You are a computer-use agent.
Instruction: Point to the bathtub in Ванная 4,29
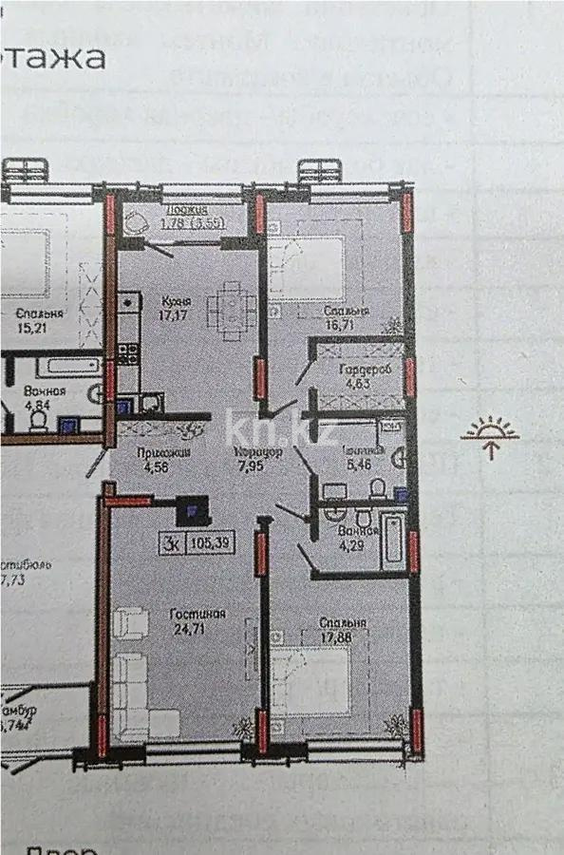(393, 542)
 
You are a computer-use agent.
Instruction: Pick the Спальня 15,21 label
(40, 321)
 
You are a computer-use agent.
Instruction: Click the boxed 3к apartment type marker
(172, 543)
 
